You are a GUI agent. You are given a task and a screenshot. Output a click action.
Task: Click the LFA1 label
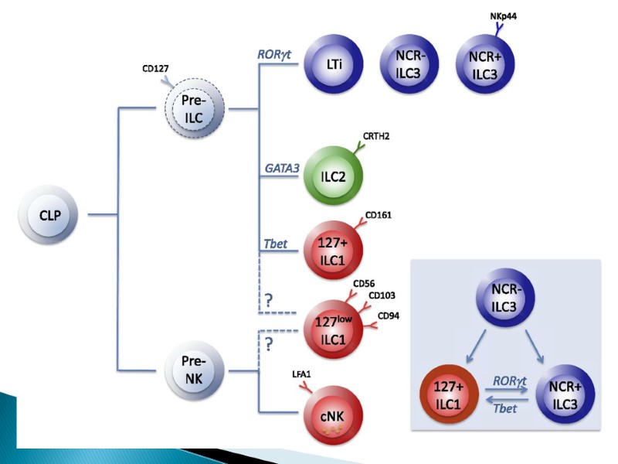click(302, 374)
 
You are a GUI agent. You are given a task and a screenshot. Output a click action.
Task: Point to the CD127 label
click(155, 67)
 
